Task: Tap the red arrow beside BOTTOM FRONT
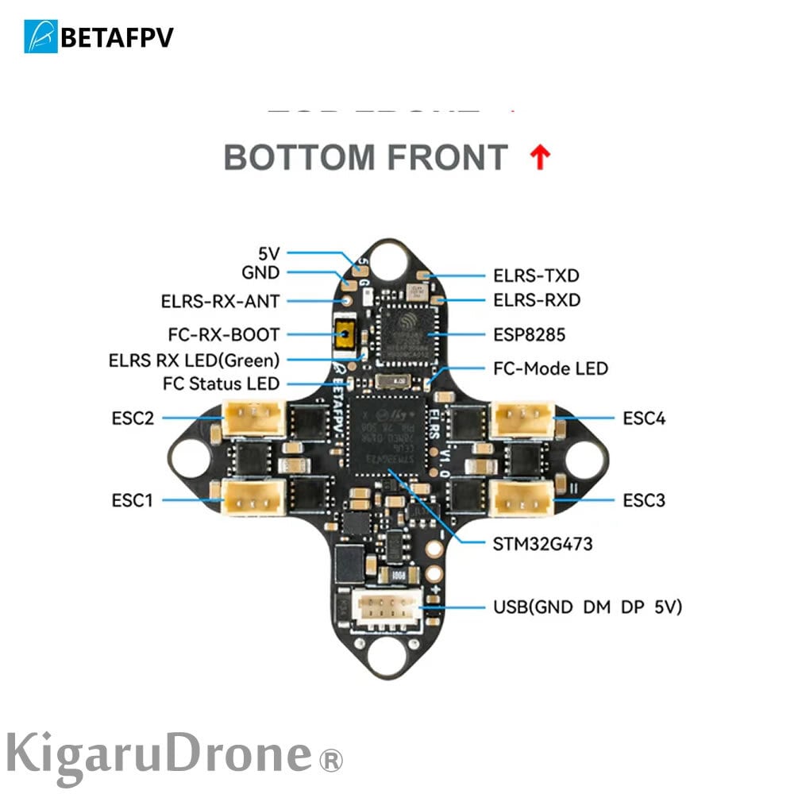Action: (539, 158)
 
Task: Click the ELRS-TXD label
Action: (536, 276)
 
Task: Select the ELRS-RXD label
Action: (536, 300)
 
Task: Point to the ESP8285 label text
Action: (529, 335)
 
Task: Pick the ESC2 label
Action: (133, 418)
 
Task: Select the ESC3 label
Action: (644, 500)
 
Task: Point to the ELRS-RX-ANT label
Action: (220, 301)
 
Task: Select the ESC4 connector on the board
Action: (521, 418)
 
